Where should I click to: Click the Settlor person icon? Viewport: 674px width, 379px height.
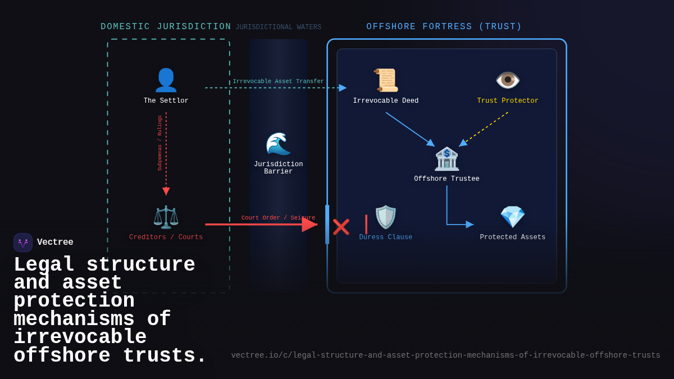click(166, 80)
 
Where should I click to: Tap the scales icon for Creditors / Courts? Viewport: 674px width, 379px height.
click(166, 217)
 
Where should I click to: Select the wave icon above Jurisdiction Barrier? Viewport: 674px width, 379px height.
click(278, 144)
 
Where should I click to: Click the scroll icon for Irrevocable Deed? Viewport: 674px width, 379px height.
click(386, 80)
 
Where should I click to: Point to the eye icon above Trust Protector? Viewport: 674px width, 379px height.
click(508, 80)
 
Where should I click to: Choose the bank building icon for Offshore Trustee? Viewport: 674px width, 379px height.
click(447, 159)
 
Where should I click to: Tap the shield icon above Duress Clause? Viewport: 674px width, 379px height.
click(385, 217)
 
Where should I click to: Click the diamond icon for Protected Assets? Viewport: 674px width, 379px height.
click(512, 217)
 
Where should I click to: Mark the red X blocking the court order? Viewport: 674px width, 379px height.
click(341, 227)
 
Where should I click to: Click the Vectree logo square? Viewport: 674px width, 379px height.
click(23, 243)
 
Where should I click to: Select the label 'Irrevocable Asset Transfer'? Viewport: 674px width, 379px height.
click(278, 81)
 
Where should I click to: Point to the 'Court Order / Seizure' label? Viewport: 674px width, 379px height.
click(278, 218)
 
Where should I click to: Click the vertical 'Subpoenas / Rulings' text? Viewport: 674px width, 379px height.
click(160, 143)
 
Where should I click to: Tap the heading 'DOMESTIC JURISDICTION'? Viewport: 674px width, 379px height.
click(166, 27)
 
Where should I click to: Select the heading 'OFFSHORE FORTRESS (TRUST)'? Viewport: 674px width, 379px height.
click(444, 27)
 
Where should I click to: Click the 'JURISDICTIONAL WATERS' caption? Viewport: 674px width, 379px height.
click(278, 28)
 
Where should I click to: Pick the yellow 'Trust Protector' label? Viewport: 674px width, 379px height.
click(508, 101)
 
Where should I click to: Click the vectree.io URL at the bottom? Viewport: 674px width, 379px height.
click(445, 355)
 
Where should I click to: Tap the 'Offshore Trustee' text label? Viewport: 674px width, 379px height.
click(447, 179)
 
